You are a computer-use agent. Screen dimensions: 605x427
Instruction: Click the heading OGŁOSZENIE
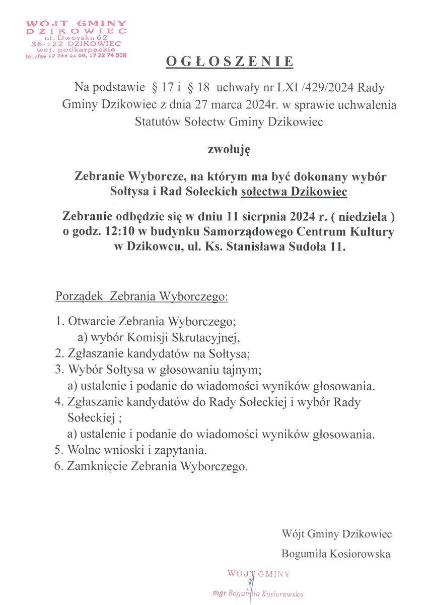pyautogui.click(x=230, y=62)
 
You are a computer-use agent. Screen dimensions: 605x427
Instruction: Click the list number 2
pyautogui.click(x=58, y=353)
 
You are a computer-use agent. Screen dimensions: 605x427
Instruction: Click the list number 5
pyautogui.click(x=58, y=449)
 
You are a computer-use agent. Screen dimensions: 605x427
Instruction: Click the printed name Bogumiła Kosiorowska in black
pyautogui.click(x=336, y=554)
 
